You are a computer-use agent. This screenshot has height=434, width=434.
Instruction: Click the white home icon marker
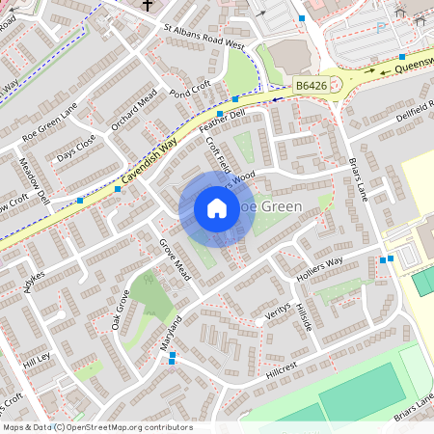[x=217, y=208]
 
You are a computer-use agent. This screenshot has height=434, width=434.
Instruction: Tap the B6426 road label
[x=312, y=86]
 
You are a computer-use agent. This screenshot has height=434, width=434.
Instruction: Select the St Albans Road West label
[x=204, y=37]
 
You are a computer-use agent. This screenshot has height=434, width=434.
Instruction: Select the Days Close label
[x=76, y=148]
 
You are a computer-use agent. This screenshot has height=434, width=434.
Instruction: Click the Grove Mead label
[x=176, y=258]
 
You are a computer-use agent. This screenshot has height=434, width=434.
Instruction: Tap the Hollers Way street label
[x=320, y=267]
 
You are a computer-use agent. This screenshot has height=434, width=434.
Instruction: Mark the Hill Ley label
[x=37, y=363]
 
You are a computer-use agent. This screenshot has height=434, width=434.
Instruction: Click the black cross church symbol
[x=148, y=6]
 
